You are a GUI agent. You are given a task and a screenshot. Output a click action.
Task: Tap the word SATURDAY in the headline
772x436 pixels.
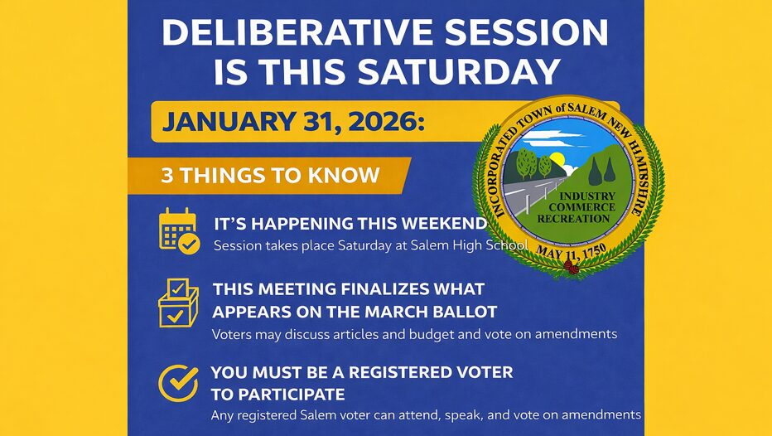pos(459,71)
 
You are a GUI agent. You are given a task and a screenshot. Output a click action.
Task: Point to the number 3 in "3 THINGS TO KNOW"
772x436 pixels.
pos(166,176)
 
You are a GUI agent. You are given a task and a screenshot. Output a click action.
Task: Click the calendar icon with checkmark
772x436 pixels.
pos(179,231)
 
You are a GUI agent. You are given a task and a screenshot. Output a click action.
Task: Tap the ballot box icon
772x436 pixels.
pos(178,303)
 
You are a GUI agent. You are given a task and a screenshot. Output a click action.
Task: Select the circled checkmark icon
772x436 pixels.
pos(178,383)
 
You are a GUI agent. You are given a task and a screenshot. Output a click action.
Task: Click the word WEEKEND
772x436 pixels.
pos(444,224)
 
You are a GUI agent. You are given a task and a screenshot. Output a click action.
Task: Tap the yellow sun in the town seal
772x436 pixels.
pos(557,160)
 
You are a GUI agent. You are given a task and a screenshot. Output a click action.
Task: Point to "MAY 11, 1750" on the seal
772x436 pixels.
pos(571,253)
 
